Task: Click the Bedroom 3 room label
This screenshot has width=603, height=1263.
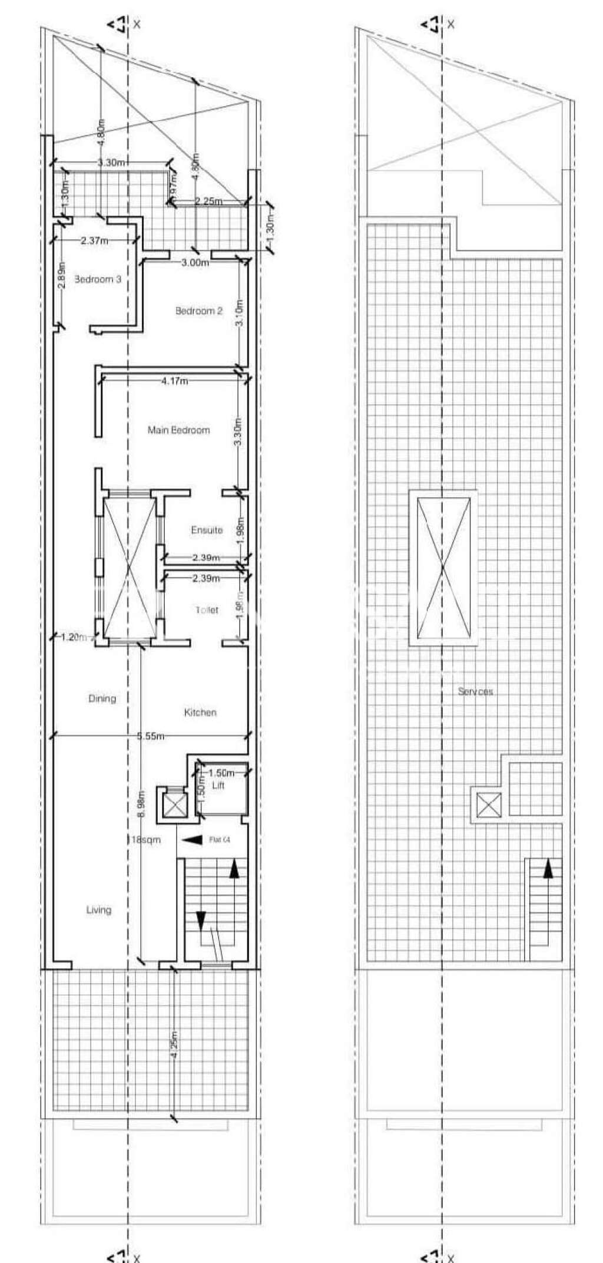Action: click(x=98, y=279)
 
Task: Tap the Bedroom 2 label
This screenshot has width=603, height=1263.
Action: click(x=199, y=311)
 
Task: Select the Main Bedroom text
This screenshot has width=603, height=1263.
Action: click(x=178, y=430)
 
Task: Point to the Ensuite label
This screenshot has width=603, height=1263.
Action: click(x=207, y=530)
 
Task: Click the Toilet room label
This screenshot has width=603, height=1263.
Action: click(x=207, y=610)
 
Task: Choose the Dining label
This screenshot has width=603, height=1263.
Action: click(x=102, y=698)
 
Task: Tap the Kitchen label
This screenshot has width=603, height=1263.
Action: click(x=200, y=713)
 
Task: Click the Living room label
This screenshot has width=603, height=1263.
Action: click(x=98, y=910)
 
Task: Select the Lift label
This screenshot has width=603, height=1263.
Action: click(x=218, y=786)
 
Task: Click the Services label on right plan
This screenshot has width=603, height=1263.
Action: click(x=475, y=691)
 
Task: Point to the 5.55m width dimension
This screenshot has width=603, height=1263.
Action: click(x=150, y=736)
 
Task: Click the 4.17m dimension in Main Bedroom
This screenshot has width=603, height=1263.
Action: click(x=174, y=381)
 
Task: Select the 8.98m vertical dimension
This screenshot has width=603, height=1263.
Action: click(x=140, y=803)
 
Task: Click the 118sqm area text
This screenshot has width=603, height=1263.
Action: click(x=144, y=839)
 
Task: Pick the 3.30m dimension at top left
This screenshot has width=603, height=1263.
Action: click(x=110, y=163)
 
